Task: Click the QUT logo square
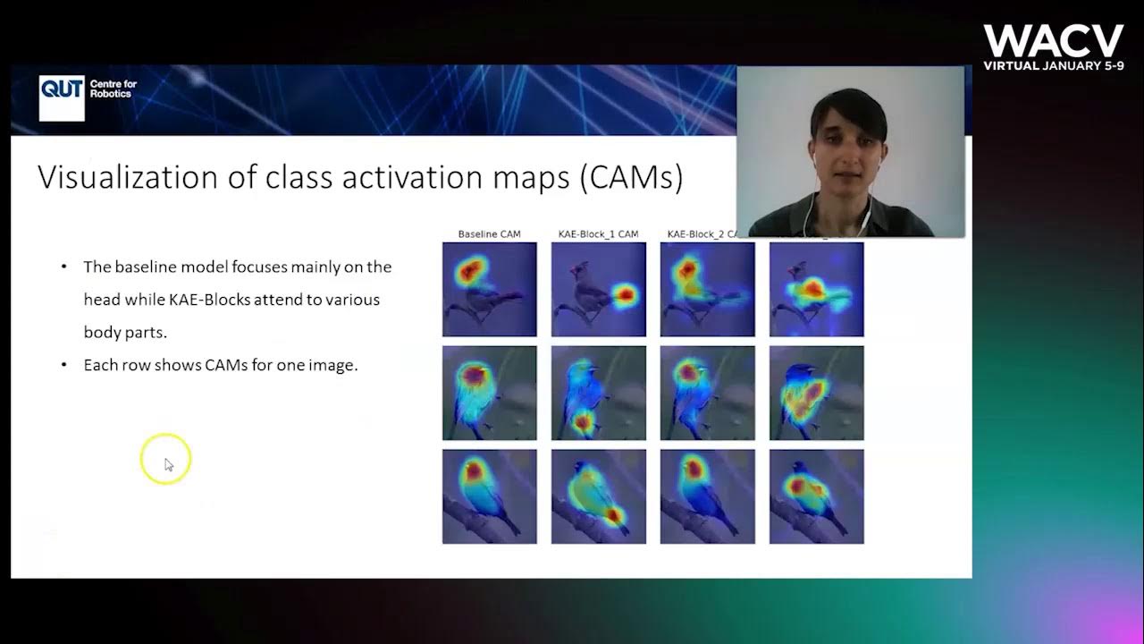point(62,97)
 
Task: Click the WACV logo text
point(1053,41)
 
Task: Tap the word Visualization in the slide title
point(128,177)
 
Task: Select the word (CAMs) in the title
point(631,178)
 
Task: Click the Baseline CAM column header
point(489,234)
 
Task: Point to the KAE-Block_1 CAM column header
point(598,234)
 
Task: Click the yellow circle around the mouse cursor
point(165,459)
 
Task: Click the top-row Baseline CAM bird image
point(489,289)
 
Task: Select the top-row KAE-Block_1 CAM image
point(598,289)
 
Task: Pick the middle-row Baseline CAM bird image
point(489,393)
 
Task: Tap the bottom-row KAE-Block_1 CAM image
point(598,496)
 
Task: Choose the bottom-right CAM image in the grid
point(816,496)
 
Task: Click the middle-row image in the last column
point(816,393)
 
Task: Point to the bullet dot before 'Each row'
point(63,365)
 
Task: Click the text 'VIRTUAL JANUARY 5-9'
point(1053,65)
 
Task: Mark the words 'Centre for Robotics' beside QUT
point(114,89)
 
